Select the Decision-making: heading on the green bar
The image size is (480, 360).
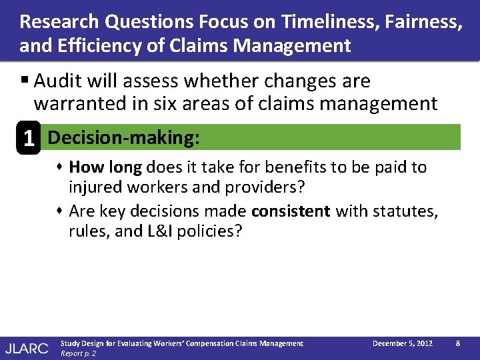pos(124,137)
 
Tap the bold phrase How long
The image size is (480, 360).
pos(105,167)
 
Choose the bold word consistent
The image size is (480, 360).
pos(291,211)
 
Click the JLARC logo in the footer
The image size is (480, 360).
pos(27,347)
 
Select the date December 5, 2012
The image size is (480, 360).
pos(402,343)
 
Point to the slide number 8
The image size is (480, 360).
pos(457,343)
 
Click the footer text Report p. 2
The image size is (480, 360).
pos(78,353)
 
